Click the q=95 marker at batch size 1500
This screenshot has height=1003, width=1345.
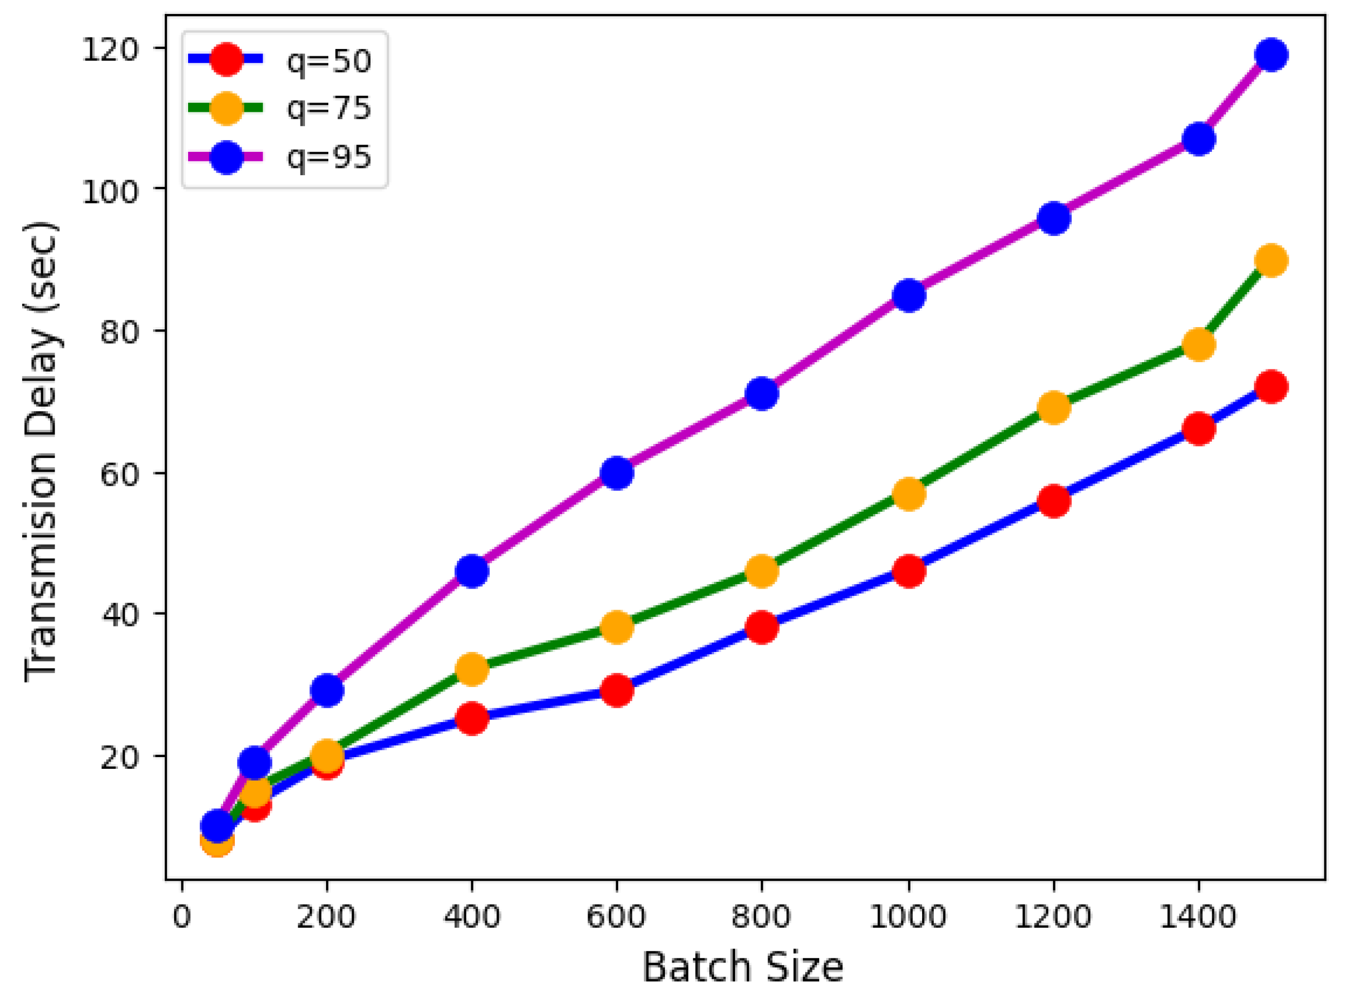click(1271, 55)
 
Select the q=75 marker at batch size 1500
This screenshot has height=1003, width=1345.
click(1271, 260)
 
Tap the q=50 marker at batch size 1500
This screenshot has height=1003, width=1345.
click(1271, 386)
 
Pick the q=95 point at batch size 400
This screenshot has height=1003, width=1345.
click(472, 571)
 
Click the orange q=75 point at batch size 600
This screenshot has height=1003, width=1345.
click(617, 626)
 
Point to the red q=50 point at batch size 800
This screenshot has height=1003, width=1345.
click(762, 626)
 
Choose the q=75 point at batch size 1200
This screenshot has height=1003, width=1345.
click(1054, 407)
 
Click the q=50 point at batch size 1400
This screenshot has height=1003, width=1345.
click(1199, 429)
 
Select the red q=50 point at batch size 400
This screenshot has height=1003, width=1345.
click(472, 719)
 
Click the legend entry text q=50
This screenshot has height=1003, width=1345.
click(328, 61)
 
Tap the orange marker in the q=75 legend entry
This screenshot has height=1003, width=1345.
click(226, 108)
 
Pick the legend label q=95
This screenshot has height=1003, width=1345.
click(328, 157)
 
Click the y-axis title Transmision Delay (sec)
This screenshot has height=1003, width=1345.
click(41, 452)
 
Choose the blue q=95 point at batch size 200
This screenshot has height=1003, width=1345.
click(327, 690)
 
